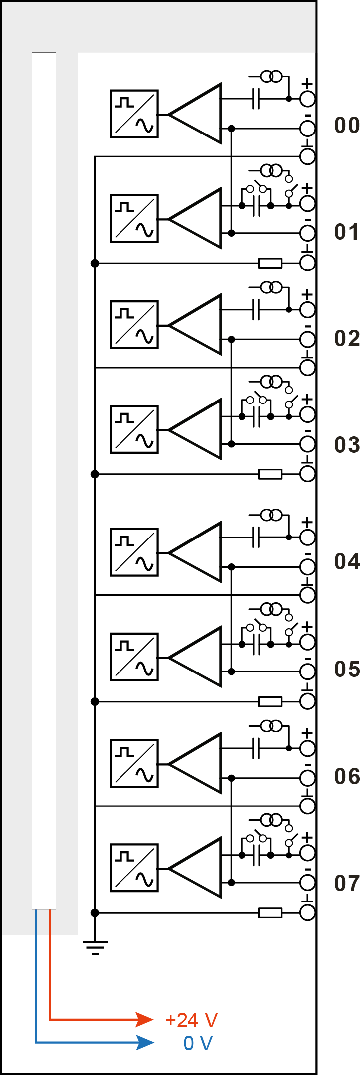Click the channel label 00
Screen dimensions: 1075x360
(347, 125)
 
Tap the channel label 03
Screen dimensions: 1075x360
(347, 445)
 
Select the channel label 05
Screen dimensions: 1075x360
(347, 669)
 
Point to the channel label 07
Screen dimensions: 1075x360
(347, 883)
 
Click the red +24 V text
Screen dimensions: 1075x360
(191, 1021)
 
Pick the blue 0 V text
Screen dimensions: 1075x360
(198, 1043)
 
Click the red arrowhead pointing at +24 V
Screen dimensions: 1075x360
(145, 1020)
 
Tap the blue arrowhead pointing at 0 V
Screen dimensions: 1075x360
(145, 1042)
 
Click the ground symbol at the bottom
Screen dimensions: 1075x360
(95, 946)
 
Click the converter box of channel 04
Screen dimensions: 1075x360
(134, 552)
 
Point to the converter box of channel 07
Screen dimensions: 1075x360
(134, 868)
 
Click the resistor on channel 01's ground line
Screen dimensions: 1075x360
(270, 263)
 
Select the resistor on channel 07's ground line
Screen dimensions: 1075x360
(270, 913)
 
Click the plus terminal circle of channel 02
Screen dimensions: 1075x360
(307, 310)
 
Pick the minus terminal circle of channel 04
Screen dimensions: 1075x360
(307, 567)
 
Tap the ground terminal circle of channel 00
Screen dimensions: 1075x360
(307, 156)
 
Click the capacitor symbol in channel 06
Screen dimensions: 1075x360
(256, 748)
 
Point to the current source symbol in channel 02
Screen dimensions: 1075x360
(271, 287)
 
